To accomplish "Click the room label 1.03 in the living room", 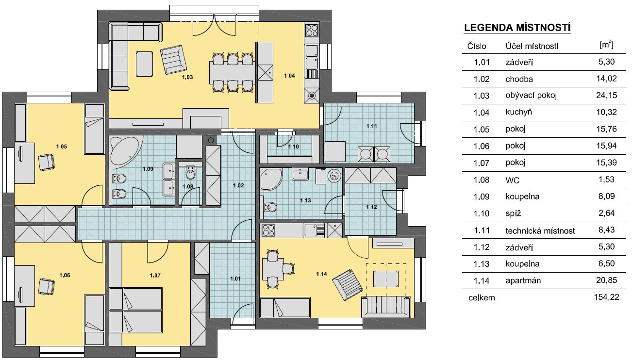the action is (x=187, y=77).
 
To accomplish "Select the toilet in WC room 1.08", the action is (x=191, y=173).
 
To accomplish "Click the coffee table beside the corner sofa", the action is (x=145, y=64).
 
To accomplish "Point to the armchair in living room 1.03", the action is (x=173, y=60).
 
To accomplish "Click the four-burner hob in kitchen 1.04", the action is (x=312, y=31).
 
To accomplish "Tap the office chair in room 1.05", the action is (x=46, y=162).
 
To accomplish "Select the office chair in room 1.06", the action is (x=46, y=287).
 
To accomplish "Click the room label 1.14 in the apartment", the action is (x=322, y=274).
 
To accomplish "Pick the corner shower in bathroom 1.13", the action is (x=270, y=179).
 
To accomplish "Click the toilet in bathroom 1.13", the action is (x=270, y=208).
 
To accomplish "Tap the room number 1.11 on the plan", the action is (x=372, y=126).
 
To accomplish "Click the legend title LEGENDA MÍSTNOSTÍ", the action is (x=517, y=28).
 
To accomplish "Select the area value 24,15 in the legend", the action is (x=606, y=95).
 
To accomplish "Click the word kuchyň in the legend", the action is (x=518, y=112).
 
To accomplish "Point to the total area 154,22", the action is (x=606, y=297).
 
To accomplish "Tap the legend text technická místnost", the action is (x=540, y=231).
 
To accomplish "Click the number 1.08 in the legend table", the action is (x=482, y=180).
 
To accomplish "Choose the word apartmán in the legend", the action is (x=523, y=281).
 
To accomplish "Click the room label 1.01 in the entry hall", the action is (x=235, y=279).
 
